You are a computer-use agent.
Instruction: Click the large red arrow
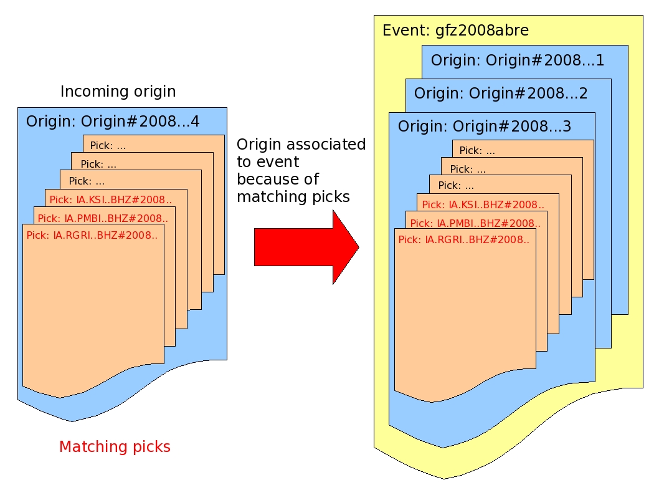tap(305, 247)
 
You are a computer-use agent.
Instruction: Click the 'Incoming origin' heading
tap(118, 92)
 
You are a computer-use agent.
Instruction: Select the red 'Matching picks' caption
tap(115, 446)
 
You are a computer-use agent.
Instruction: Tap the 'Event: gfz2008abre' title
tap(455, 31)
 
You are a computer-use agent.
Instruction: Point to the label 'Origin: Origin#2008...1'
tap(518, 60)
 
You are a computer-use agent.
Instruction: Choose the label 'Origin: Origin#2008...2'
tap(501, 94)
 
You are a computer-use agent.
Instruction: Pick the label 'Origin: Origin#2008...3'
tap(485, 127)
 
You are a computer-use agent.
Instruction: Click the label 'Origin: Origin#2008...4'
tap(113, 122)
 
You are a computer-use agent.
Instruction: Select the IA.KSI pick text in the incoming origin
tap(110, 200)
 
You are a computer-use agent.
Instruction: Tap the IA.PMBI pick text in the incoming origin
tap(102, 218)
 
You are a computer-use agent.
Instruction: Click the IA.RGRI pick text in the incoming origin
tap(92, 236)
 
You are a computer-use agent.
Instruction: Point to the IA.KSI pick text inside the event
tap(483, 204)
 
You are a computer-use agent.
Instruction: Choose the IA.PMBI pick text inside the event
tap(475, 223)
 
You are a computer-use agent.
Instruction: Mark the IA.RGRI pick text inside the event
tap(463, 239)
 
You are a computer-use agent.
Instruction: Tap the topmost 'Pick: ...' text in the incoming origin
tap(108, 146)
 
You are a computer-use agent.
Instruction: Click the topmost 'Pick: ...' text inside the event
tap(477, 151)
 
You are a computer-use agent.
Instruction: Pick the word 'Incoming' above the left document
tap(89, 92)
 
